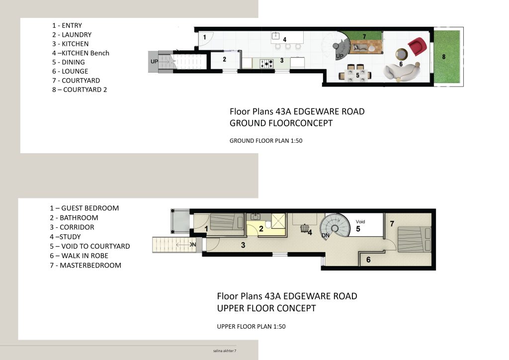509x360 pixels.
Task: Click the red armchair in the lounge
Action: click(x=417, y=46)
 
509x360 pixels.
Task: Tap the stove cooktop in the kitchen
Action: click(x=266, y=63)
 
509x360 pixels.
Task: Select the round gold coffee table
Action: click(x=402, y=54)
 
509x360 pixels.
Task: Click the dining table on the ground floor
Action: click(x=356, y=75)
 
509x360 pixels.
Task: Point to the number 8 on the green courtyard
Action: click(x=444, y=57)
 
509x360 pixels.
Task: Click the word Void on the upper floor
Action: click(x=360, y=222)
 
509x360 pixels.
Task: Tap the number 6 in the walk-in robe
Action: click(x=368, y=260)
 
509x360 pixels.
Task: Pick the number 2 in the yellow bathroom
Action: click(x=261, y=229)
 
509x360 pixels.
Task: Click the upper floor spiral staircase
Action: click(x=335, y=226)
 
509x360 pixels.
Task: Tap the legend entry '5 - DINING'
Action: click(x=69, y=62)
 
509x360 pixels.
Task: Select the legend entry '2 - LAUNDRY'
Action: click(x=72, y=35)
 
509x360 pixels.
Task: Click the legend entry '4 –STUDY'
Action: click(x=65, y=237)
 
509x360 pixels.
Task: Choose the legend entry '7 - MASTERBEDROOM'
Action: click(x=85, y=265)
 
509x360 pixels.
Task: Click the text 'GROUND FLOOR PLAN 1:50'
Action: click(x=266, y=141)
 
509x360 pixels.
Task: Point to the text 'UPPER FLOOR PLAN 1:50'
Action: click(x=251, y=327)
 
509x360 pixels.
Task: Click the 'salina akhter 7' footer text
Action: click(x=225, y=351)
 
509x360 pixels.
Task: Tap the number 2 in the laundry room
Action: click(x=224, y=59)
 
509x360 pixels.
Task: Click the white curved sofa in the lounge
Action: click(x=402, y=72)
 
